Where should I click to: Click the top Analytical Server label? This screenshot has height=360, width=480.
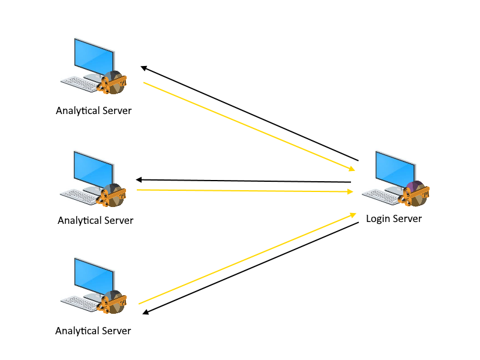tap(93, 111)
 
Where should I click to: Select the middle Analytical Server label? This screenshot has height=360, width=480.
tap(95, 220)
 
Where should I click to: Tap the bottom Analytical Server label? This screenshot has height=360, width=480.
tap(93, 331)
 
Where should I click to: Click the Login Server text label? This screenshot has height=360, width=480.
tap(394, 218)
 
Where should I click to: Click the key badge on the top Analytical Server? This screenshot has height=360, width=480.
tap(113, 83)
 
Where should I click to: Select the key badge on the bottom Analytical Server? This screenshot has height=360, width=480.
tap(113, 302)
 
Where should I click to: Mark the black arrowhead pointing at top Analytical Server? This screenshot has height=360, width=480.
tap(143, 68)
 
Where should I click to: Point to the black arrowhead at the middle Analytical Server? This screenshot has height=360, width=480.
tap(139, 179)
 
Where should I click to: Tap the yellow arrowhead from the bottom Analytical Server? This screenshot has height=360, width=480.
tap(353, 215)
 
